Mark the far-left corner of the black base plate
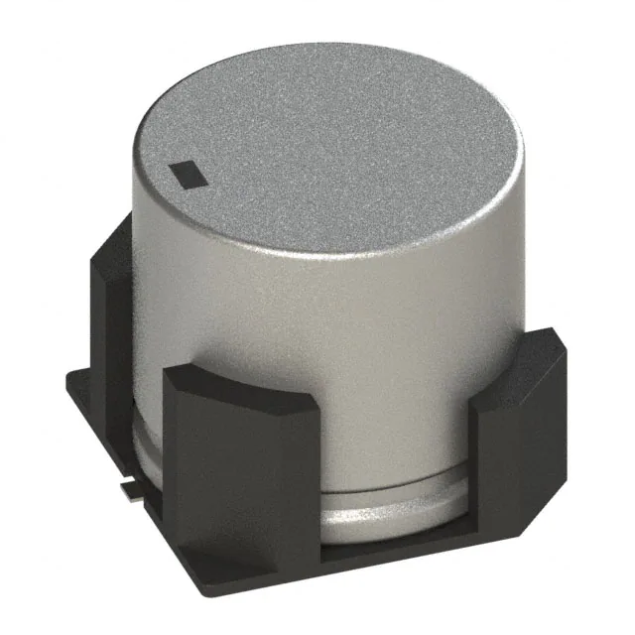coord(67,382)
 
